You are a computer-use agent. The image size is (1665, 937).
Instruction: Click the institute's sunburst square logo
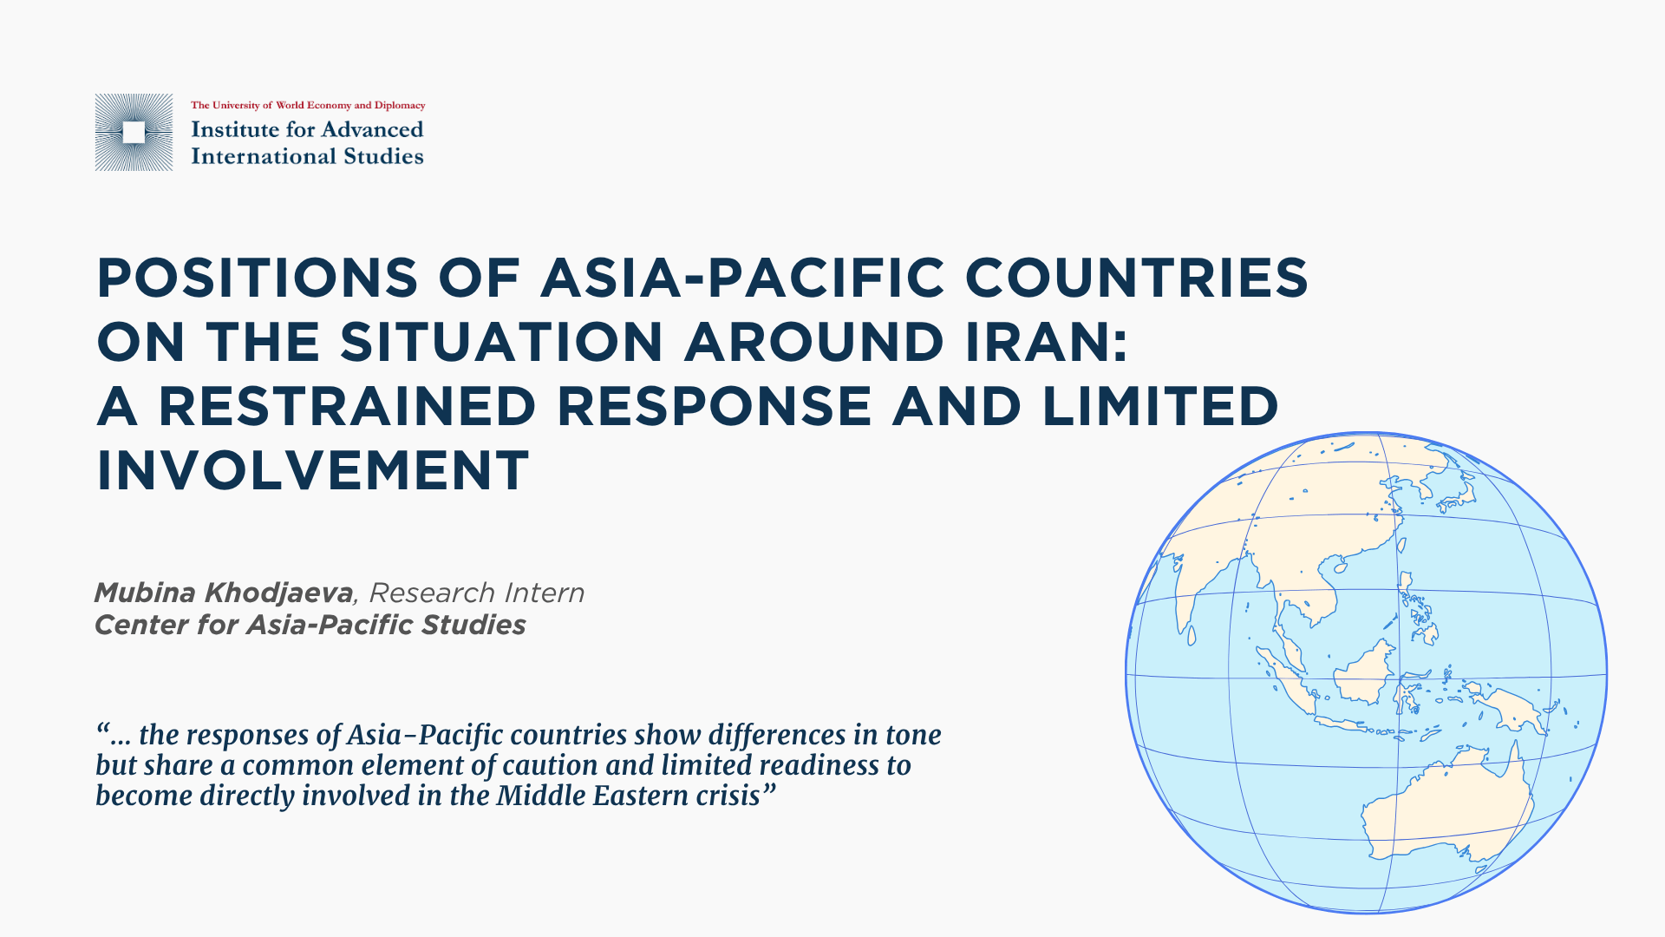(x=134, y=132)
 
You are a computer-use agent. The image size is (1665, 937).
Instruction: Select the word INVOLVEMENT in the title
(x=312, y=470)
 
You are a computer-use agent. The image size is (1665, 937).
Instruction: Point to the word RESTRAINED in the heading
(x=348, y=406)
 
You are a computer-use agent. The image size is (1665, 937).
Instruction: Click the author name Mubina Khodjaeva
(x=224, y=593)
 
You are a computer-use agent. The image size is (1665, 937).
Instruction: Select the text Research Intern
(x=477, y=593)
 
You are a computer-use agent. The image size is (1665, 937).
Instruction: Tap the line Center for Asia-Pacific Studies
(x=310, y=625)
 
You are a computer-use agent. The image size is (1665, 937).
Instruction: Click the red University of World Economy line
(x=308, y=105)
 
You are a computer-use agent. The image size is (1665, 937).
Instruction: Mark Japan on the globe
(x=1450, y=489)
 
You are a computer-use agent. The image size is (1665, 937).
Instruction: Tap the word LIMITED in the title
(x=1160, y=406)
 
